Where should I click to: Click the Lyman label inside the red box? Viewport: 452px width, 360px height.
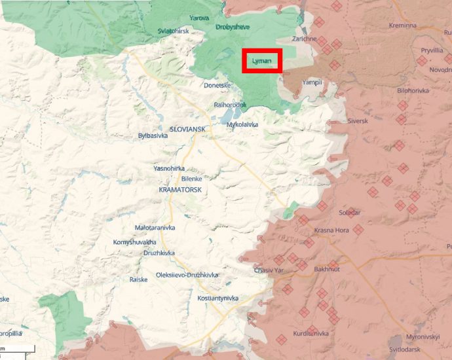(261, 61)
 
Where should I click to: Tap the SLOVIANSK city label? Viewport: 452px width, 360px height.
(187, 130)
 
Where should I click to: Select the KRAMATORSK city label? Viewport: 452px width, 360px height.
(179, 189)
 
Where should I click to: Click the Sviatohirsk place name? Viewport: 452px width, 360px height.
(173, 31)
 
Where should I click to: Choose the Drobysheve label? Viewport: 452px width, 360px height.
(233, 27)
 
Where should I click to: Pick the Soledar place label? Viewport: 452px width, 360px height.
(349, 213)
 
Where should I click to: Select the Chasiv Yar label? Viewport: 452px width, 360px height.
(269, 270)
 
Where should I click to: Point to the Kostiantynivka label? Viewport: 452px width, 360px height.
(217, 298)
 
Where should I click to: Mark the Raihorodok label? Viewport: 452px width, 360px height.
(230, 105)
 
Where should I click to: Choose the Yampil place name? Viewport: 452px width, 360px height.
(312, 82)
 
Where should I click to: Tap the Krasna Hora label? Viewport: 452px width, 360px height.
(331, 231)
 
